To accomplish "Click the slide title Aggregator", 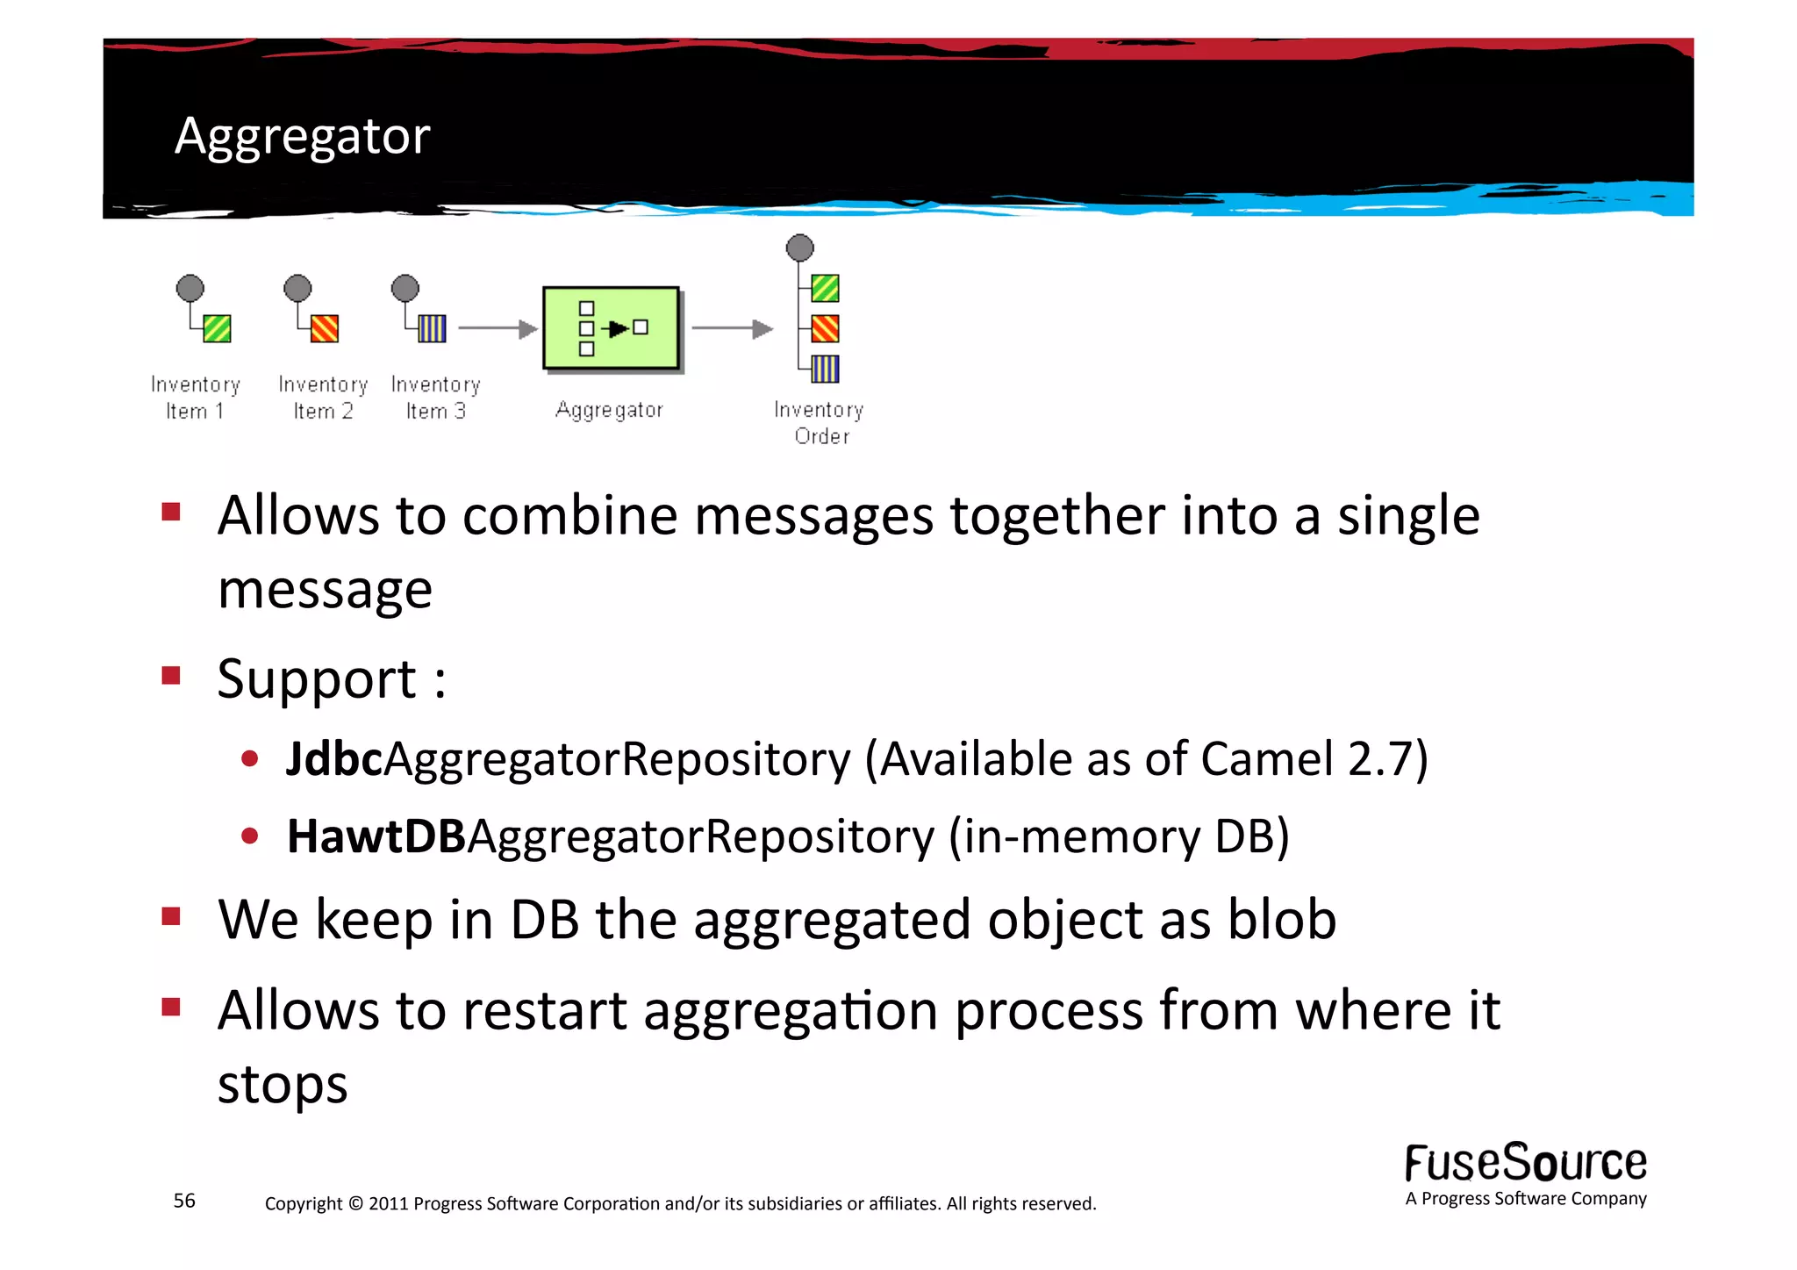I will coord(302,136).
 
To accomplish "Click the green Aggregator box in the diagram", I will coord(611,327).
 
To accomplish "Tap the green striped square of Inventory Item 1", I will coord(217,328).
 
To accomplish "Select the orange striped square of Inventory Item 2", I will coord(325,328).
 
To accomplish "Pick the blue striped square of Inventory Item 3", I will coord(432,328).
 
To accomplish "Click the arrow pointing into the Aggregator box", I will coord(498,328).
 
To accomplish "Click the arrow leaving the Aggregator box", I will coord(732,328).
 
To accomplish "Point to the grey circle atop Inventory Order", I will coord(799,248).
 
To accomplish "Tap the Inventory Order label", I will coord(820,422).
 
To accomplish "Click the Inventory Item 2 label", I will coord(323,398).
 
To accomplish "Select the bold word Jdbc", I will coord(334,759).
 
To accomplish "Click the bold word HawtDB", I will coord(376,836).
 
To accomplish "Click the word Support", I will coord(317,679).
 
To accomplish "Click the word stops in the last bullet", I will coord(283,1084).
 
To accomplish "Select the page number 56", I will coord(184,1201).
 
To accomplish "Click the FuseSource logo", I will coord(1525,1164).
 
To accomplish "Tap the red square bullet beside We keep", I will coord(171,916).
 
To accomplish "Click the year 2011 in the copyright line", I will coord(388,1203).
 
